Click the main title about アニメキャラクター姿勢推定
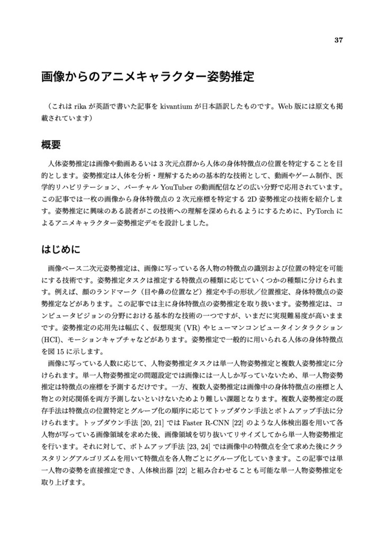pos(148,77)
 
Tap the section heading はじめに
pos(60,248)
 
